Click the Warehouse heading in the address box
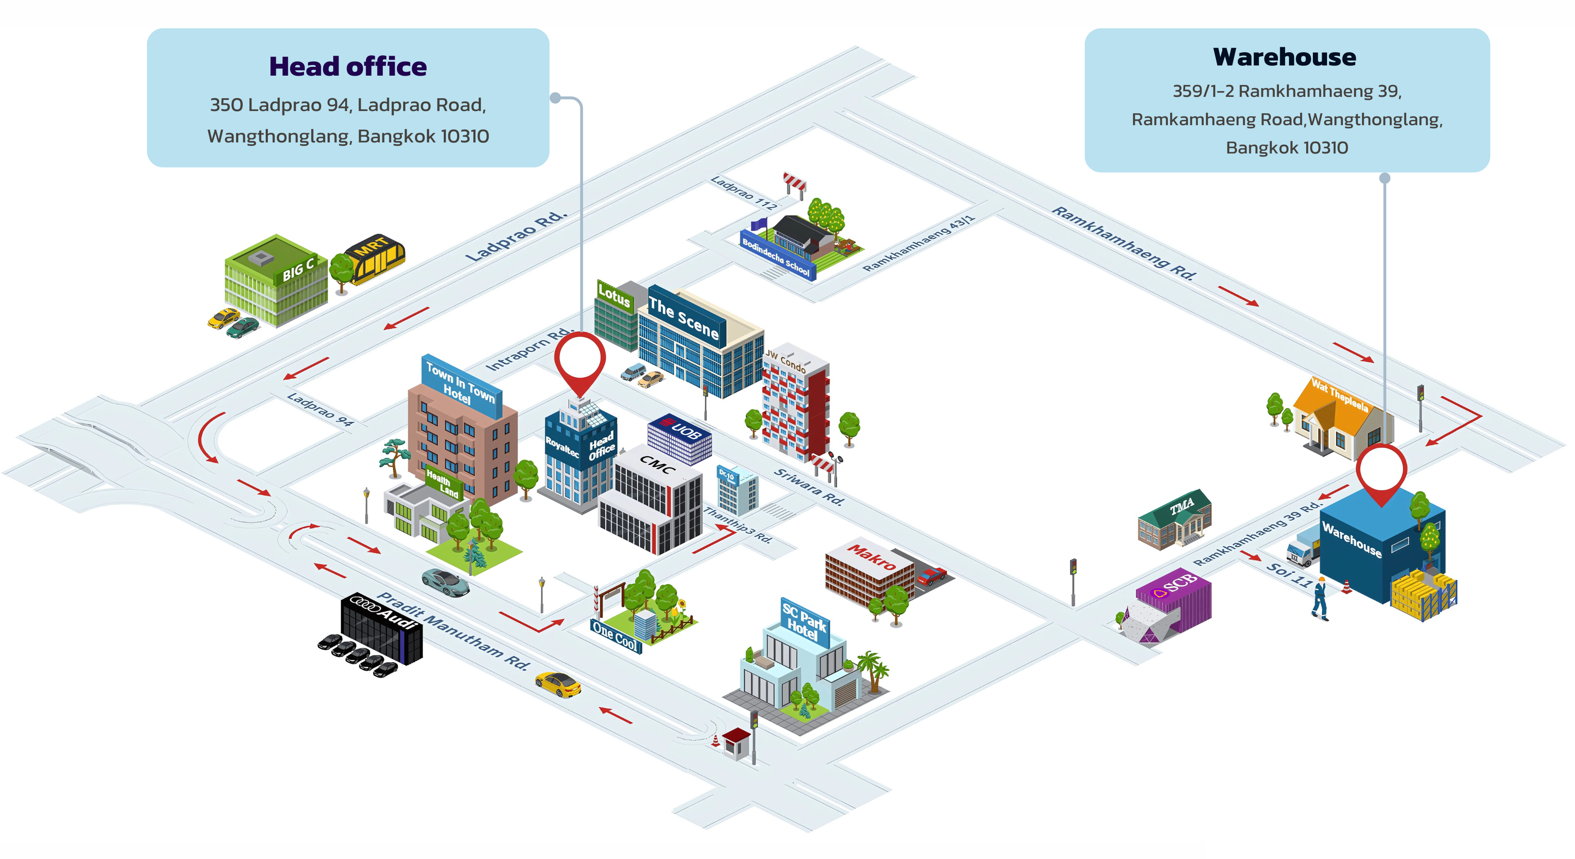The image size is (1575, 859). [x=1285, y=57]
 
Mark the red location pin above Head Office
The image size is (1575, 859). [x=580, y=361]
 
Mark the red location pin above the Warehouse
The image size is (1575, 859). [x=1381, y=472]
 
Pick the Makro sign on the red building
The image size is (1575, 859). [x=872, y=557]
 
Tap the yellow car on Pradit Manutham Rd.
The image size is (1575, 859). [x=557, y=684]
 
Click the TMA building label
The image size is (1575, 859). [x=1182, y=506]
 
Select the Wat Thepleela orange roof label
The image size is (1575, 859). [x=1339, y=395]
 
